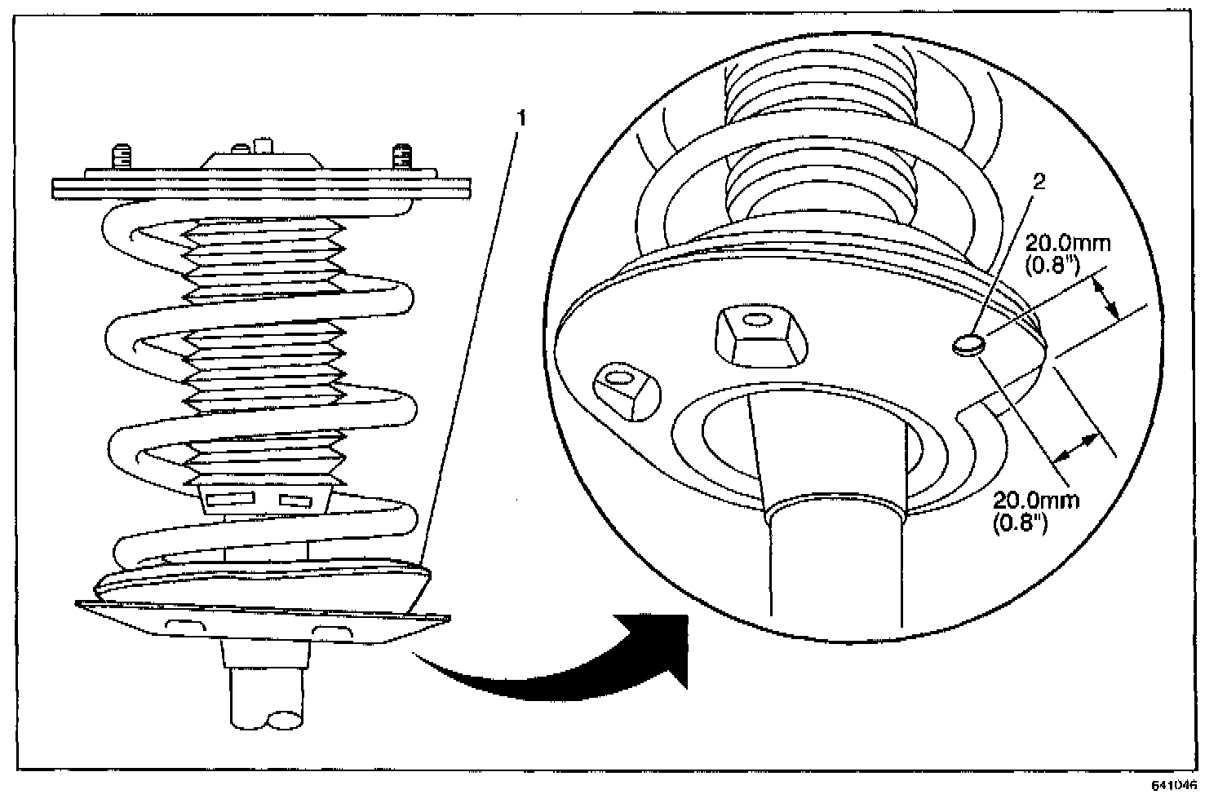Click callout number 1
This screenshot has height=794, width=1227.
[521, 118]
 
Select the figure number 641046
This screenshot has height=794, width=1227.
[1174, 786]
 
